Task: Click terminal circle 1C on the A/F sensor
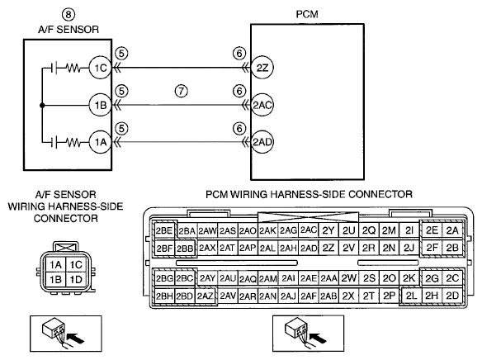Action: click(100, 68)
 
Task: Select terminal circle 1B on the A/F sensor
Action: click(100, 105)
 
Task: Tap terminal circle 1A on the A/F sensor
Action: click(100, 142)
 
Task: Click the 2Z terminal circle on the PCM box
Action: click(262, 68)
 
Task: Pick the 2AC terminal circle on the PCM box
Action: click(262, 105)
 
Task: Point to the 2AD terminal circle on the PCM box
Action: click(262, 142)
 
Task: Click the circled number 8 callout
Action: click(69, 14)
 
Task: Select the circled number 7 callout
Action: click(182, 91)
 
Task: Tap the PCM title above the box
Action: click(307, 14)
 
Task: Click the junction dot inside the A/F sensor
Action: click(42, 106)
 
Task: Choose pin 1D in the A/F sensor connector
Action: click(76, 279)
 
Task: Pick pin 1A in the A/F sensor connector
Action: click(56, 265)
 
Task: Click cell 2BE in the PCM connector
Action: click(164, 230)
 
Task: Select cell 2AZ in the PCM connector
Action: click(205, 296)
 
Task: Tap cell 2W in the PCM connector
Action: click(348, 278)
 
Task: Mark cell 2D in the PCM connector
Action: click(452, 296)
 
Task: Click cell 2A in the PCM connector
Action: click(452, 230)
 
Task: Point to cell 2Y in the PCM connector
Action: click(328, 230)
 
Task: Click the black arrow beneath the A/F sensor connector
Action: click(75, 339)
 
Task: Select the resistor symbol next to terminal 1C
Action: click(73, 68)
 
